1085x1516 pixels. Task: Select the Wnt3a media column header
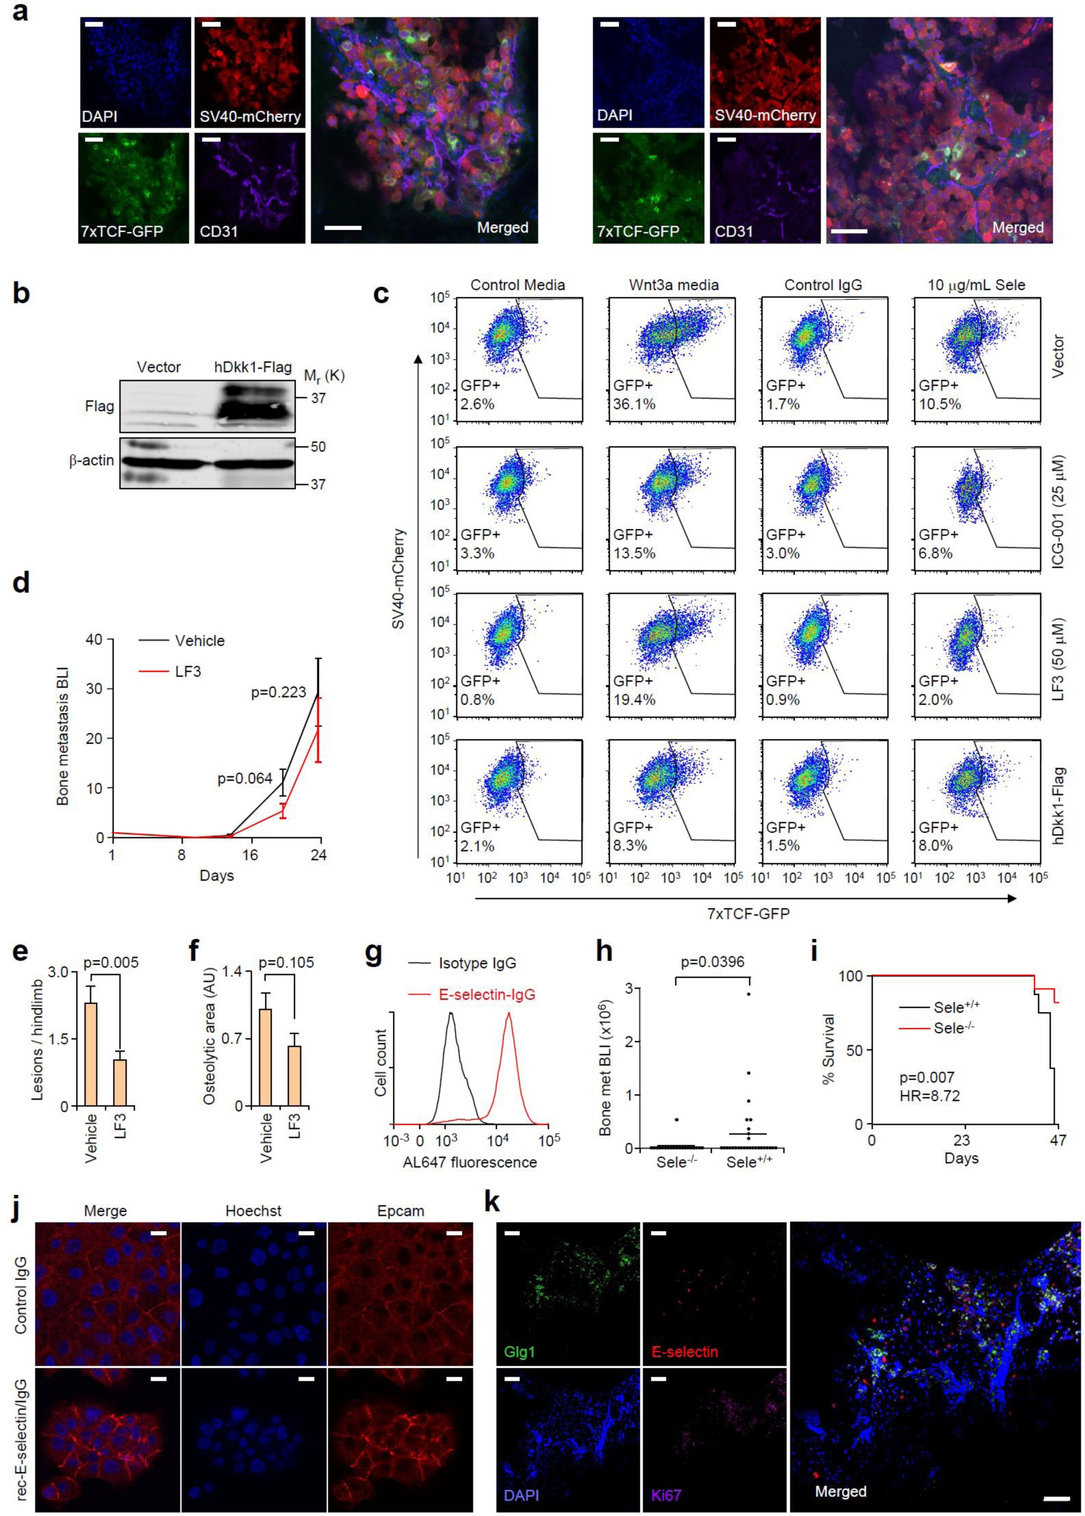pyautogui.click(x=674, y=285)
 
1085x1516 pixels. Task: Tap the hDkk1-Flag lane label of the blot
pyautogui.click(x=253, y=367)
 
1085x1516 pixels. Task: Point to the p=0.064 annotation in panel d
pyautogui.click(x=245, y=778)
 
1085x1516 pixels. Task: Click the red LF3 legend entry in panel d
pyautogui.click(x=187, y=671)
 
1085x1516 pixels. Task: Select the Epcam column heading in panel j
pyautogui.click(x=400, y=1211)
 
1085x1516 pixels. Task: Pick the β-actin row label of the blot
pyautogui.click(x=91, y=460)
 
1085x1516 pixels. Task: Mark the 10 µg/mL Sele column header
pyautogui.click(x=977, y=285)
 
